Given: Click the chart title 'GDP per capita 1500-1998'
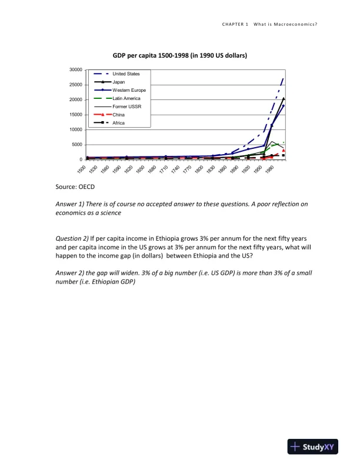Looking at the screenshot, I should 179,55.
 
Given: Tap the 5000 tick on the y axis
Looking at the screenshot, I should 76,145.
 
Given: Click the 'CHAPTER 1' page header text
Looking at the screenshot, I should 235,24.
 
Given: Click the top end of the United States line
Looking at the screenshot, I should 284,78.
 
